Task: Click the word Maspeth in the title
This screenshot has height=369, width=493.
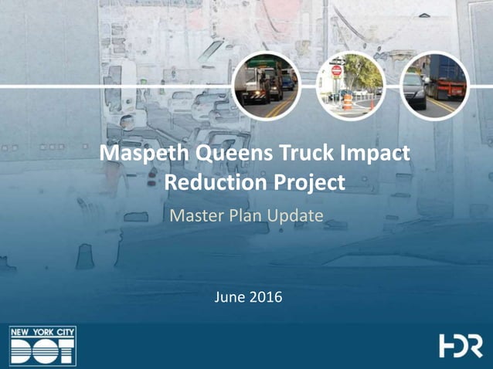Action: pyautogui.click(x=139, y=154)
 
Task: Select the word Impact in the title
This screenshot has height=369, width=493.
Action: pyautogui.click(x=373, y=154)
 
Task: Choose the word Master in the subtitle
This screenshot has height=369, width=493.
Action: pyautogui.click(x=193, y=216)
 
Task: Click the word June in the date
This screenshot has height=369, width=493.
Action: pyautogui.click(x=229, y=296)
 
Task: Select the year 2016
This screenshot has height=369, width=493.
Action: pyautogui.click(x=265, y=296)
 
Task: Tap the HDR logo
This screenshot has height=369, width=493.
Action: pyautogui.click(x=461, y=346)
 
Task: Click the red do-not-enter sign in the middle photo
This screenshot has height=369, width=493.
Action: pyautogui.click(x=336, y=72)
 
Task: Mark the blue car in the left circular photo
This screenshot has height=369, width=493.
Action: pyautogui.click(x=287, y=79)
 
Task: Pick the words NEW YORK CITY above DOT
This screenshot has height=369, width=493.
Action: pyautogui.click(x=43, y=333)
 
